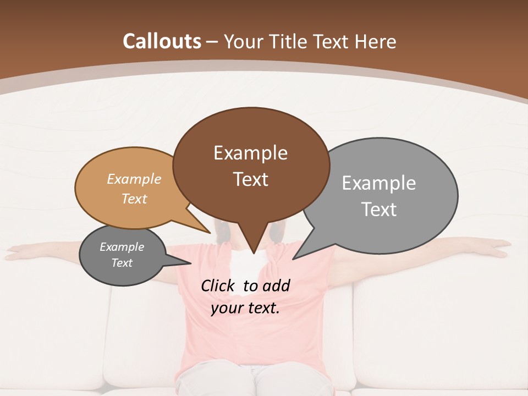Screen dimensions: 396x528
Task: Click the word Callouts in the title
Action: (162, 41)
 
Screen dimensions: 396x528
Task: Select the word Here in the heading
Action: (376, 41)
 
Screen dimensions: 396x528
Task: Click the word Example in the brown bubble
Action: (250, 153)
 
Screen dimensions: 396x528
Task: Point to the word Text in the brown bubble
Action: (250, 179)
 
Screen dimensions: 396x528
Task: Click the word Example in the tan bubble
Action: (134, 179)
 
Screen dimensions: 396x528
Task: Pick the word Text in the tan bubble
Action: (134, 199)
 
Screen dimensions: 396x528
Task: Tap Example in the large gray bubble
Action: (379, 183)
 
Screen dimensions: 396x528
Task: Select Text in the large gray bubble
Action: (379, 209)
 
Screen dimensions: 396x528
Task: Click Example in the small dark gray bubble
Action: (122, 247)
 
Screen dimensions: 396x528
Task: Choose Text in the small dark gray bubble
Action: (122, 263)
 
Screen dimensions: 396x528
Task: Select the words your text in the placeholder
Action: (245, 308)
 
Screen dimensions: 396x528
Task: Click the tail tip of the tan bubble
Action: (210, 233)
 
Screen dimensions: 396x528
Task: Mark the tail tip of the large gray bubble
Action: (294, 258)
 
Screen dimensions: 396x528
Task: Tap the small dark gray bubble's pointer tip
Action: (190, 263)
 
